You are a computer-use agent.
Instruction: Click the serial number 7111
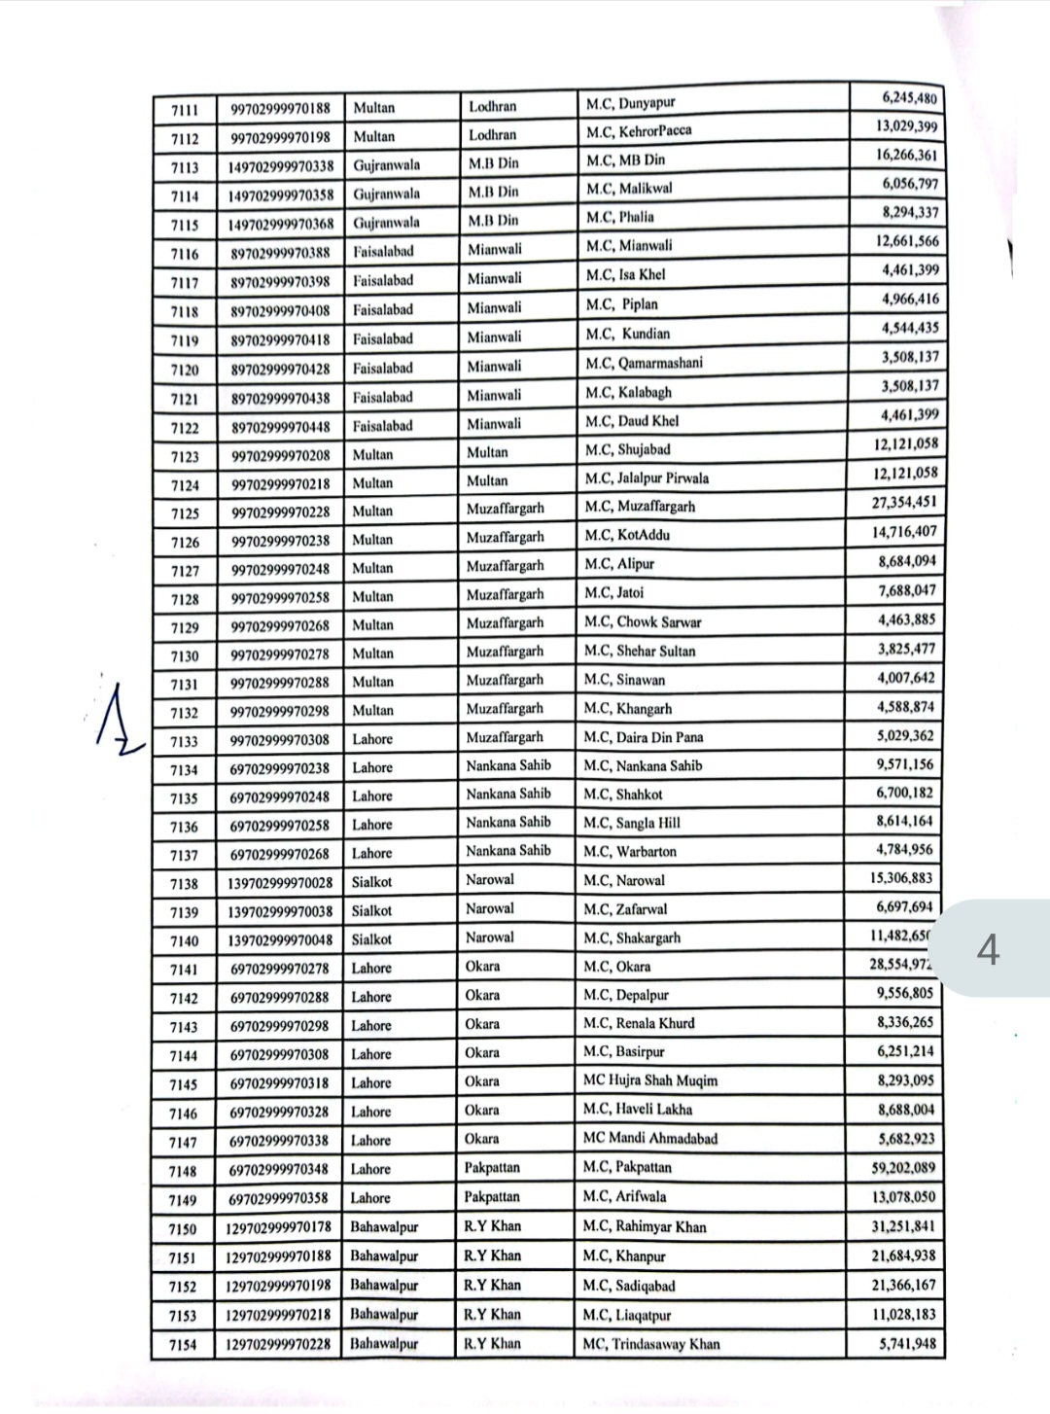point(185,109)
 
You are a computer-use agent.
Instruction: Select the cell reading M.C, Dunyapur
point(630,103)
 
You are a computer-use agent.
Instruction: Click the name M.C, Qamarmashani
point(644,364)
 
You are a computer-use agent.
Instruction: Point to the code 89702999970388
point(280,253)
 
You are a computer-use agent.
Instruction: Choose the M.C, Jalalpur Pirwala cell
point(647,477)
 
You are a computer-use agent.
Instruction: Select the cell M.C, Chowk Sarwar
point(642,621)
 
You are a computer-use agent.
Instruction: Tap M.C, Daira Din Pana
point(643,737)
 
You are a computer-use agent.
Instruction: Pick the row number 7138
point(183,884)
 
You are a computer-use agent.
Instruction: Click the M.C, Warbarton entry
point(630,852)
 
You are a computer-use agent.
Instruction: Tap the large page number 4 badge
point(988,949)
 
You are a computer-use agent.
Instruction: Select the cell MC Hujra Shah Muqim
point(649,1080)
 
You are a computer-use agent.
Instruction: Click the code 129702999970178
point(279,1227)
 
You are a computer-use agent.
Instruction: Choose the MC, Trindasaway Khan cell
point(651,1344)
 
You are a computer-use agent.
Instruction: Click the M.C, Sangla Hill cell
point(632,823)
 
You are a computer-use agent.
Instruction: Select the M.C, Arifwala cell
point(625,1197)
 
